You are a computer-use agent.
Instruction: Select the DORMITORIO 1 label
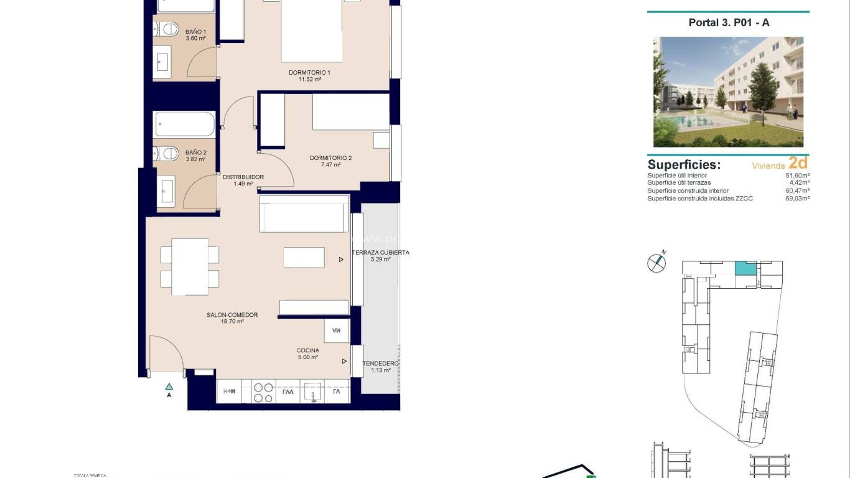[309, 73]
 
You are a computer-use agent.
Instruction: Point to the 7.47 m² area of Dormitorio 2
[330, 165]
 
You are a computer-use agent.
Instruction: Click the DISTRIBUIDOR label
[243, 177]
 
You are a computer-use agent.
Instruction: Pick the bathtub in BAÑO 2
[185, 124]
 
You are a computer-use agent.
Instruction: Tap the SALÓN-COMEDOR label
[232, 315]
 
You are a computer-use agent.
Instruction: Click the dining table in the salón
[190, 266]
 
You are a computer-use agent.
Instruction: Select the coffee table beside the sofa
[304, 257]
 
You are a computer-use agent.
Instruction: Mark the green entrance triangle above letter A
[169, 386]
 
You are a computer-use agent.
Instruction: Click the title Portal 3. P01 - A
[729, 22]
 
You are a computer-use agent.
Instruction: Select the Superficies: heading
[684, 165]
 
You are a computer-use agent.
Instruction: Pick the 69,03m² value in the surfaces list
[797, 199]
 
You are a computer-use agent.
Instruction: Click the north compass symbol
[656, 263]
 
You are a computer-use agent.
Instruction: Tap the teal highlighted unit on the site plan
[745, 269]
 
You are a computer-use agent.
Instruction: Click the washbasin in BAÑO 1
[163, 61]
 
